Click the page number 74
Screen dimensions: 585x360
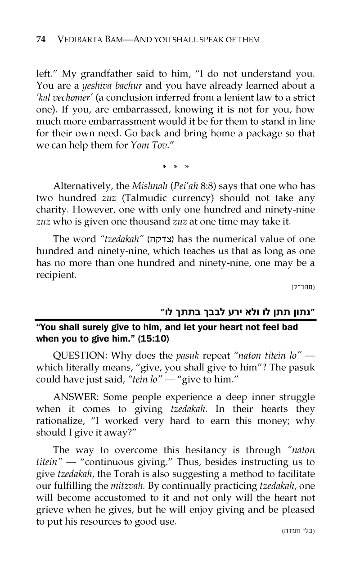click(x=40, y=40)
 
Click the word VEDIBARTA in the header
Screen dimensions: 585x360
click(x=81, y=40)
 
